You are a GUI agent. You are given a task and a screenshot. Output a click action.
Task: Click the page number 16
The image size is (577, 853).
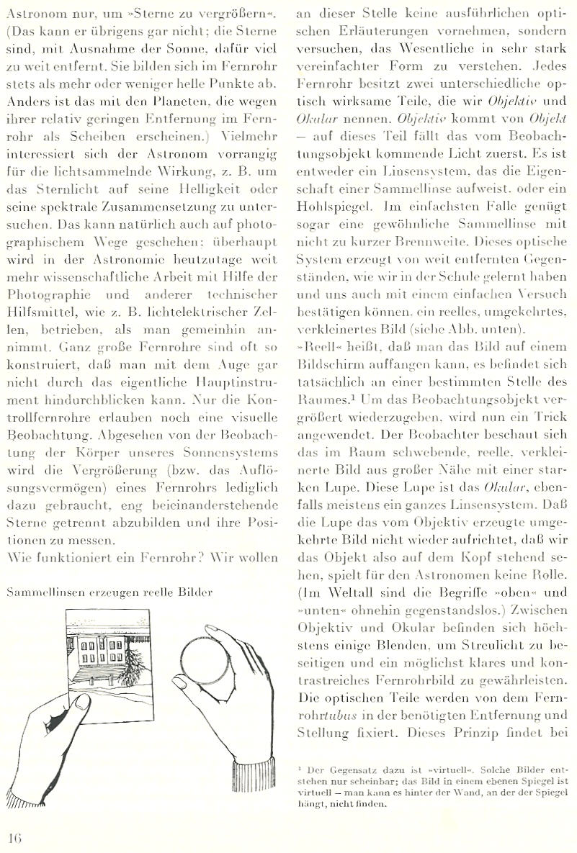[x=15, y=837]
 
